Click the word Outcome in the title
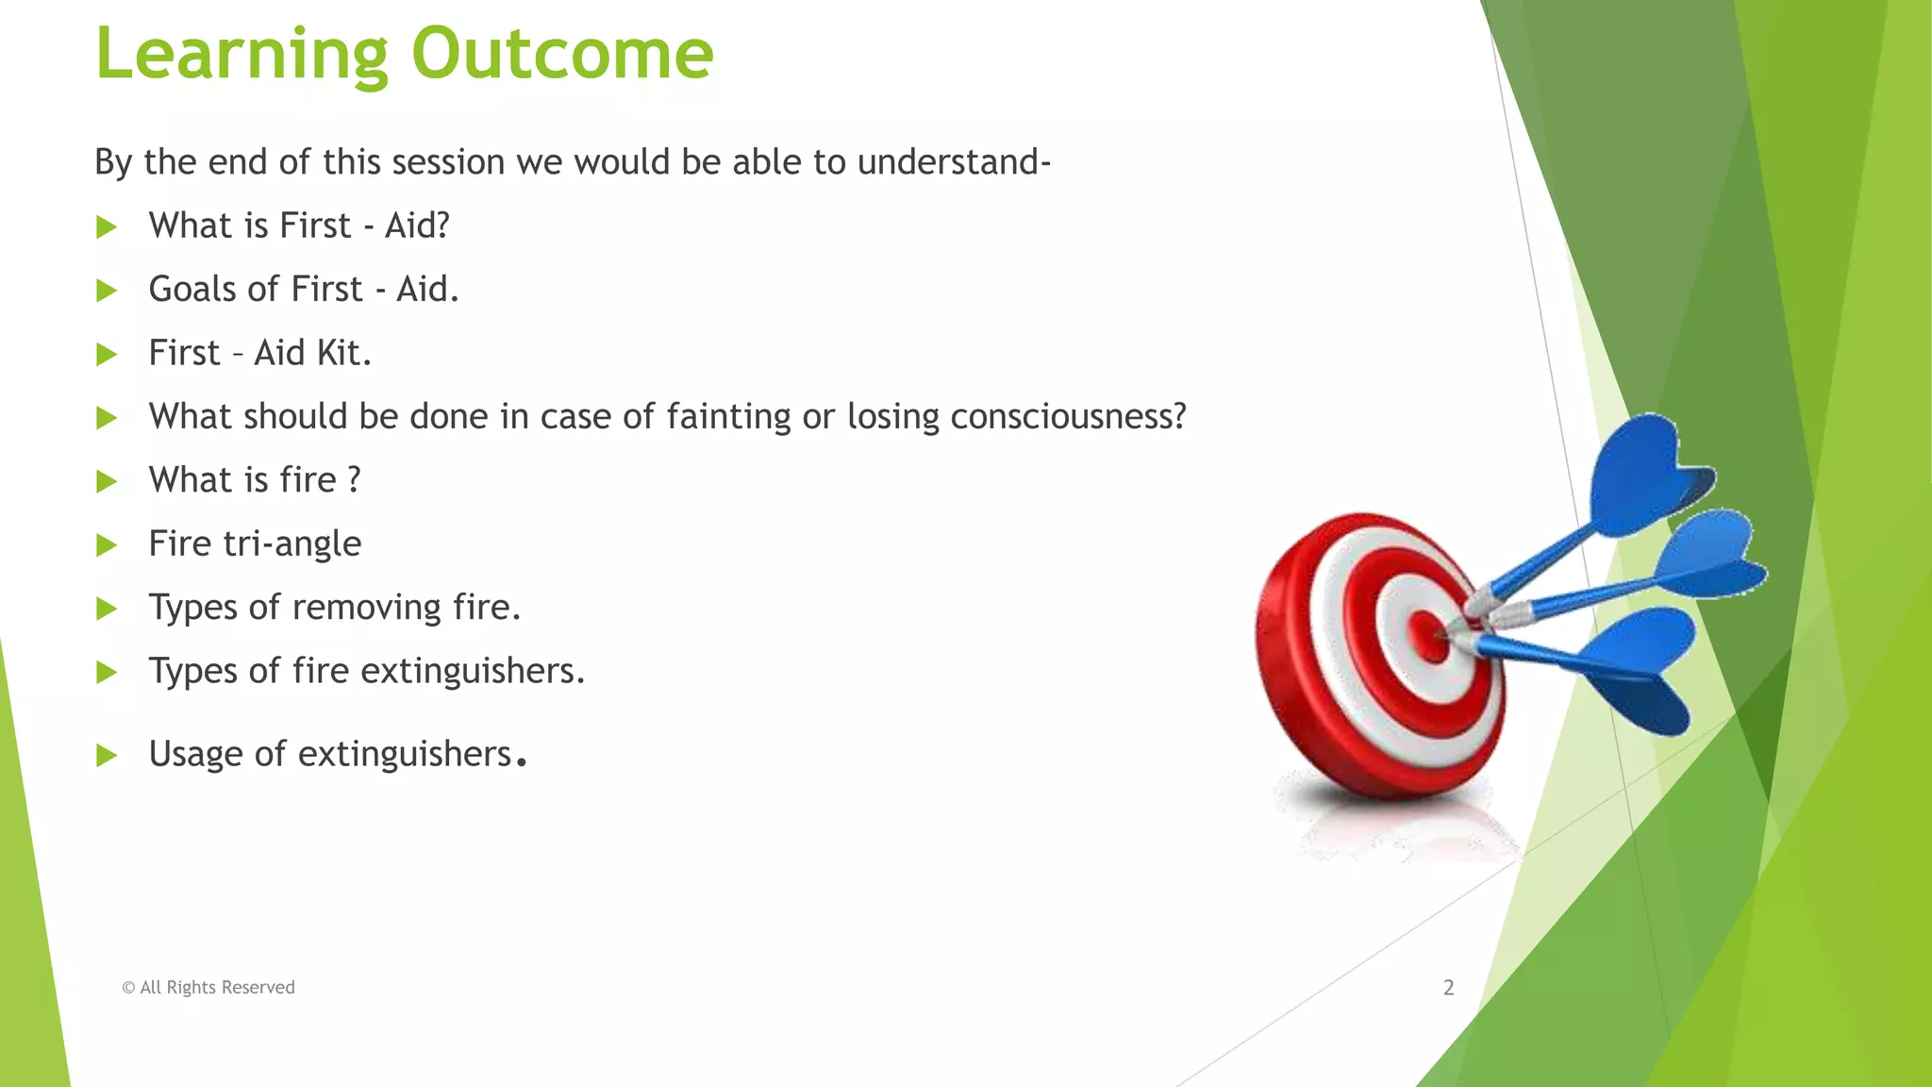562,54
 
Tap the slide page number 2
1448,988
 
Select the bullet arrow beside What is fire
107,481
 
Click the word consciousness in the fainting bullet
1067,417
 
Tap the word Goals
192,290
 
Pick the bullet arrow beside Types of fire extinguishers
107,672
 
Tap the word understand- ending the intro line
954,162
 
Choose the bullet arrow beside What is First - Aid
107,226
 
